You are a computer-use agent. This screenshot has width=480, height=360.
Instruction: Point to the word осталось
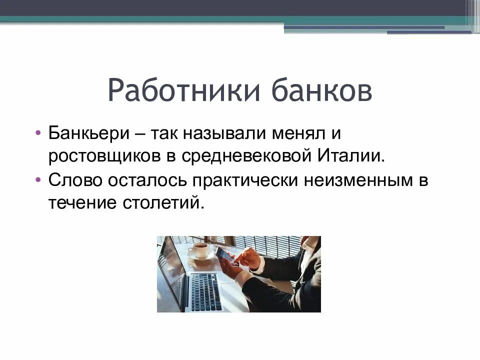point(146,180)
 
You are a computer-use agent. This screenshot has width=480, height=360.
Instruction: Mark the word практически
point(247,180)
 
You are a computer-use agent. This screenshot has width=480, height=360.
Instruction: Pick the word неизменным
point(356,180)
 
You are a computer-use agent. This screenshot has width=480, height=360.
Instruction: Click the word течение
point(82,202)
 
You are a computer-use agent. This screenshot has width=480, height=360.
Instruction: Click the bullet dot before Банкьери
point(38,134)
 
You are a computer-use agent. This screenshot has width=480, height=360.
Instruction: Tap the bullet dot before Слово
point(38,180)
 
